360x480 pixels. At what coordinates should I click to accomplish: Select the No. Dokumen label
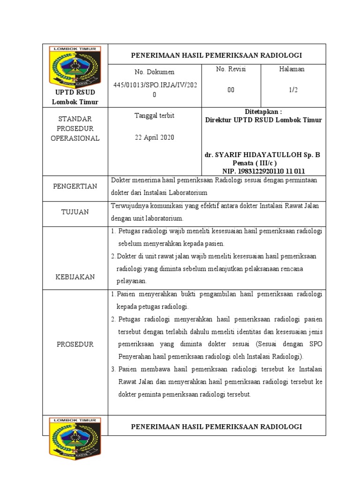pos(154,72)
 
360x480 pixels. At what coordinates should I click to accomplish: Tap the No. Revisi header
pos(231,69)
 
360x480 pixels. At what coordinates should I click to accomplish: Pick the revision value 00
pos(231,90)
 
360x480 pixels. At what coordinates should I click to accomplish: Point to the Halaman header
pos(292,69)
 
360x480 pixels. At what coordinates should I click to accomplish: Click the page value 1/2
pos(293,90)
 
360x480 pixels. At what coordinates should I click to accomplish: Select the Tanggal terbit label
pos(154,115)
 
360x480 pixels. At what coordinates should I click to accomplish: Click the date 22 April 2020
pos(154,137)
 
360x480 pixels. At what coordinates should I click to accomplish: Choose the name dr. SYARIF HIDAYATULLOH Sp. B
pos(262,154)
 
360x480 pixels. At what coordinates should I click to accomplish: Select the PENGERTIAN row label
pos(75,186)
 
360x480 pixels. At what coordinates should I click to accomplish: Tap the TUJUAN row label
pos(75,212)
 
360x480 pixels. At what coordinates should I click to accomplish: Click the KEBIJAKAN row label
pos(75,277)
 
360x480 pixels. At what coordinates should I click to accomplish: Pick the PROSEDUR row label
pos(75,344)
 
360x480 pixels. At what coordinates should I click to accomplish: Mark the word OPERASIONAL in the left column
pos(75,138)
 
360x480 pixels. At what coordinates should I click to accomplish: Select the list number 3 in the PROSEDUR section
pos(113,369)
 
